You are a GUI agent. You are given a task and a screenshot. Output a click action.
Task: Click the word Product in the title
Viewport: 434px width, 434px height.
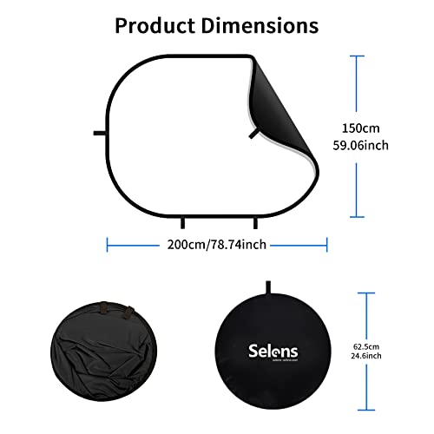(x=155, y=26)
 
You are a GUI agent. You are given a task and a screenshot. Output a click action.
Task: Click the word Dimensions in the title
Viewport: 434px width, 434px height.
(x=260, y=26)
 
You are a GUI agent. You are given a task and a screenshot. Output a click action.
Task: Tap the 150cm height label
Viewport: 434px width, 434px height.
(x=360, y=128)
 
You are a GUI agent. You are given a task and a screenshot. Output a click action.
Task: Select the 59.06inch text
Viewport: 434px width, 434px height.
(x=360, y=145)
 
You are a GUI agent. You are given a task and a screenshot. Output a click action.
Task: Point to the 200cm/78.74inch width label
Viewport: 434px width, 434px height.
(x=217, y=245)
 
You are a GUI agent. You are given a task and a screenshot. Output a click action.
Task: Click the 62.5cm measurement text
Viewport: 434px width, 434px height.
(x=366, y=346)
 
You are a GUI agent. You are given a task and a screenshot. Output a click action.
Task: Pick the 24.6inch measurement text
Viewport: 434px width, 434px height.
(x=366, y=356)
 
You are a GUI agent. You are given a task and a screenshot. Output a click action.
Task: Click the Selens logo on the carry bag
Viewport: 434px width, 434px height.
(x=273, y=352)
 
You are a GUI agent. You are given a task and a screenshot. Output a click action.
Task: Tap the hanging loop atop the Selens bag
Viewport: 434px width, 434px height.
(x=268, y=287)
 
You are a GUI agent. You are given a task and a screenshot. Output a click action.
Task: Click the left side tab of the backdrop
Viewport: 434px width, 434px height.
(x=100, y=133)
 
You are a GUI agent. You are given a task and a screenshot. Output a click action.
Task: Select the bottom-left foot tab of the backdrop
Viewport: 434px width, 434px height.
(x=182, y=223)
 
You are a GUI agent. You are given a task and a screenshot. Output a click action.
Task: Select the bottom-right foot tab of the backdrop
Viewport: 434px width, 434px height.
(x=255, y=223)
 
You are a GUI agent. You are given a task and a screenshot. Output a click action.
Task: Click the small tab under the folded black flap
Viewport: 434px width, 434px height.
(x=254, y=134)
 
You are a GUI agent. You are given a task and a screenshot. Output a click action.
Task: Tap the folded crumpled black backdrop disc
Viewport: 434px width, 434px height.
(x=103, y=352)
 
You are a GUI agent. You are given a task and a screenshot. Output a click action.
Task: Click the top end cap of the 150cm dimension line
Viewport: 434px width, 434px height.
(x=357, y=56)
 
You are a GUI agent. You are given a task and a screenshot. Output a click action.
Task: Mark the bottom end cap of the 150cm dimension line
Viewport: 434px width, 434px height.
(x=357, y=216)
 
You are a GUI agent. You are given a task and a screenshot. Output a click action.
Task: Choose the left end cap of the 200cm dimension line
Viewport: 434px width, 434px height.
(x=107, y=245)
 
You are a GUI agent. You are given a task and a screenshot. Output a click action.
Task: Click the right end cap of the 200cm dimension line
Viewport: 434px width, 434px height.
(x=327, y=245)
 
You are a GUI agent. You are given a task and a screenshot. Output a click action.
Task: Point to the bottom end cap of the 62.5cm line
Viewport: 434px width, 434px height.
(x=366, y=410)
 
